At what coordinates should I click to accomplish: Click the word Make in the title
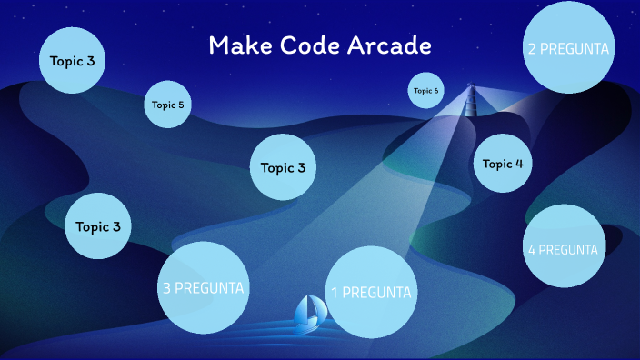tap(235, 46)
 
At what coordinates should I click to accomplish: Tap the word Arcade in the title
tap(386, 46)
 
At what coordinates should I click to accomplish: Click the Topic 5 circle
tap(167, 105)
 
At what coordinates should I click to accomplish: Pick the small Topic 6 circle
tap(425, 91)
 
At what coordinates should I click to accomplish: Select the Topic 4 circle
tap(503, 164)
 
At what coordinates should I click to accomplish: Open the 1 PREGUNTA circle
tap(371, 293)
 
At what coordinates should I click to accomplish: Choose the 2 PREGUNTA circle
tap(568, 48)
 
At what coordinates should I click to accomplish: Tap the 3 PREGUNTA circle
tap(203, 288)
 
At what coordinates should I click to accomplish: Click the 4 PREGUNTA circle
tap(565, 249)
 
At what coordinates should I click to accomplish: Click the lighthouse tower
tap(471, 99)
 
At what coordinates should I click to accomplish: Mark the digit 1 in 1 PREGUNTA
tap(335, 293)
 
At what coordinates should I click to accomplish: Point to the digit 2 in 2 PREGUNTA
tap(532, 48)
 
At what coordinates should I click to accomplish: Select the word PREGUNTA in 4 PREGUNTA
tap(570, 249)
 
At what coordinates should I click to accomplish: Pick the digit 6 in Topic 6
tap(436, 91)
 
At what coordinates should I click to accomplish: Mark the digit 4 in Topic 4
tap(519, 164)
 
